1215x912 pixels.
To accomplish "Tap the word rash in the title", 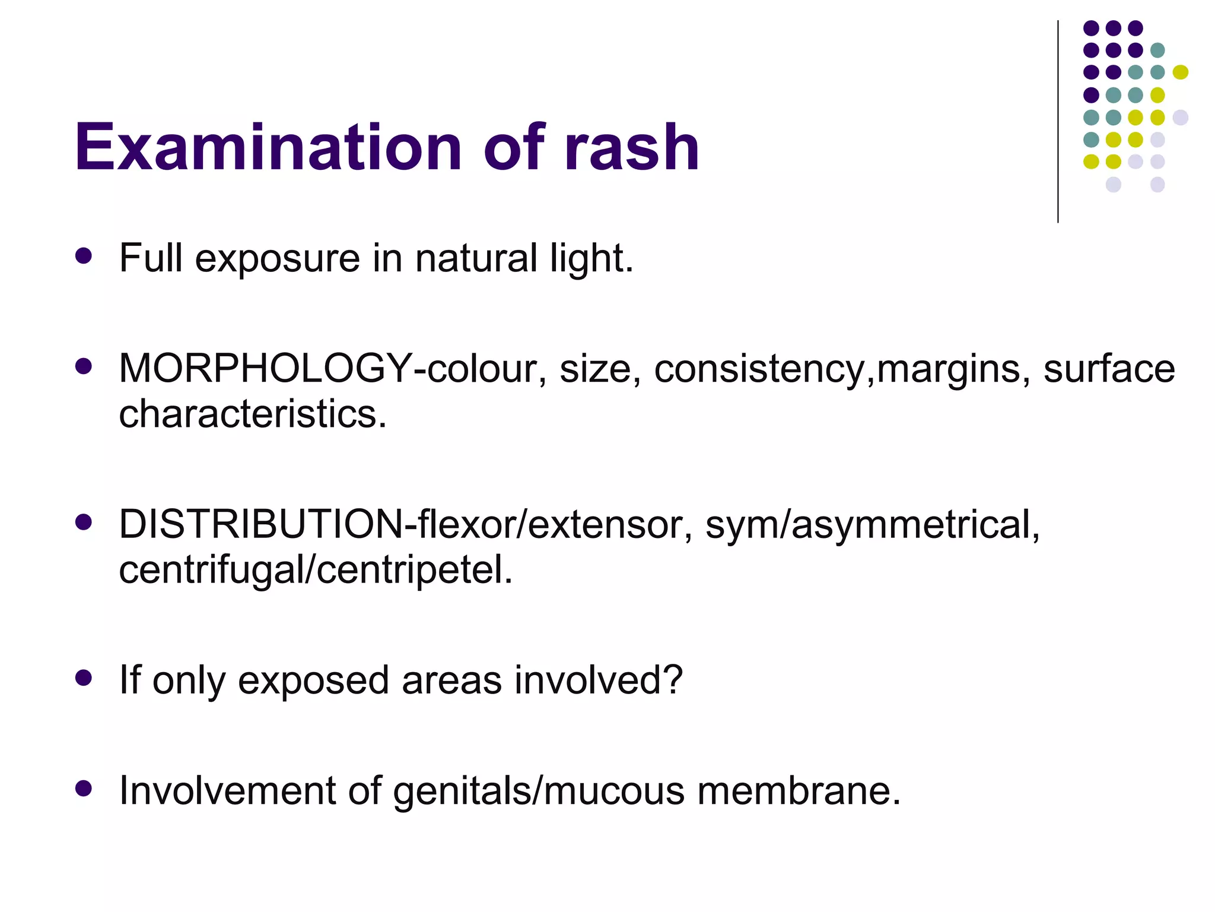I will [x=632, y=147].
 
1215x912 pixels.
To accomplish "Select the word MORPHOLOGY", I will [x=265, y=369].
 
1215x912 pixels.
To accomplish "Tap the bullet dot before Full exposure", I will [x=84, y=256].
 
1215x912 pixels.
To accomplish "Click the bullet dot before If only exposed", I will [x=84, y=677].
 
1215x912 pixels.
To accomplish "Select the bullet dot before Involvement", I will [x=84, y=788].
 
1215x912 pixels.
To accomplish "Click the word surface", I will [x=1109, y=369].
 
